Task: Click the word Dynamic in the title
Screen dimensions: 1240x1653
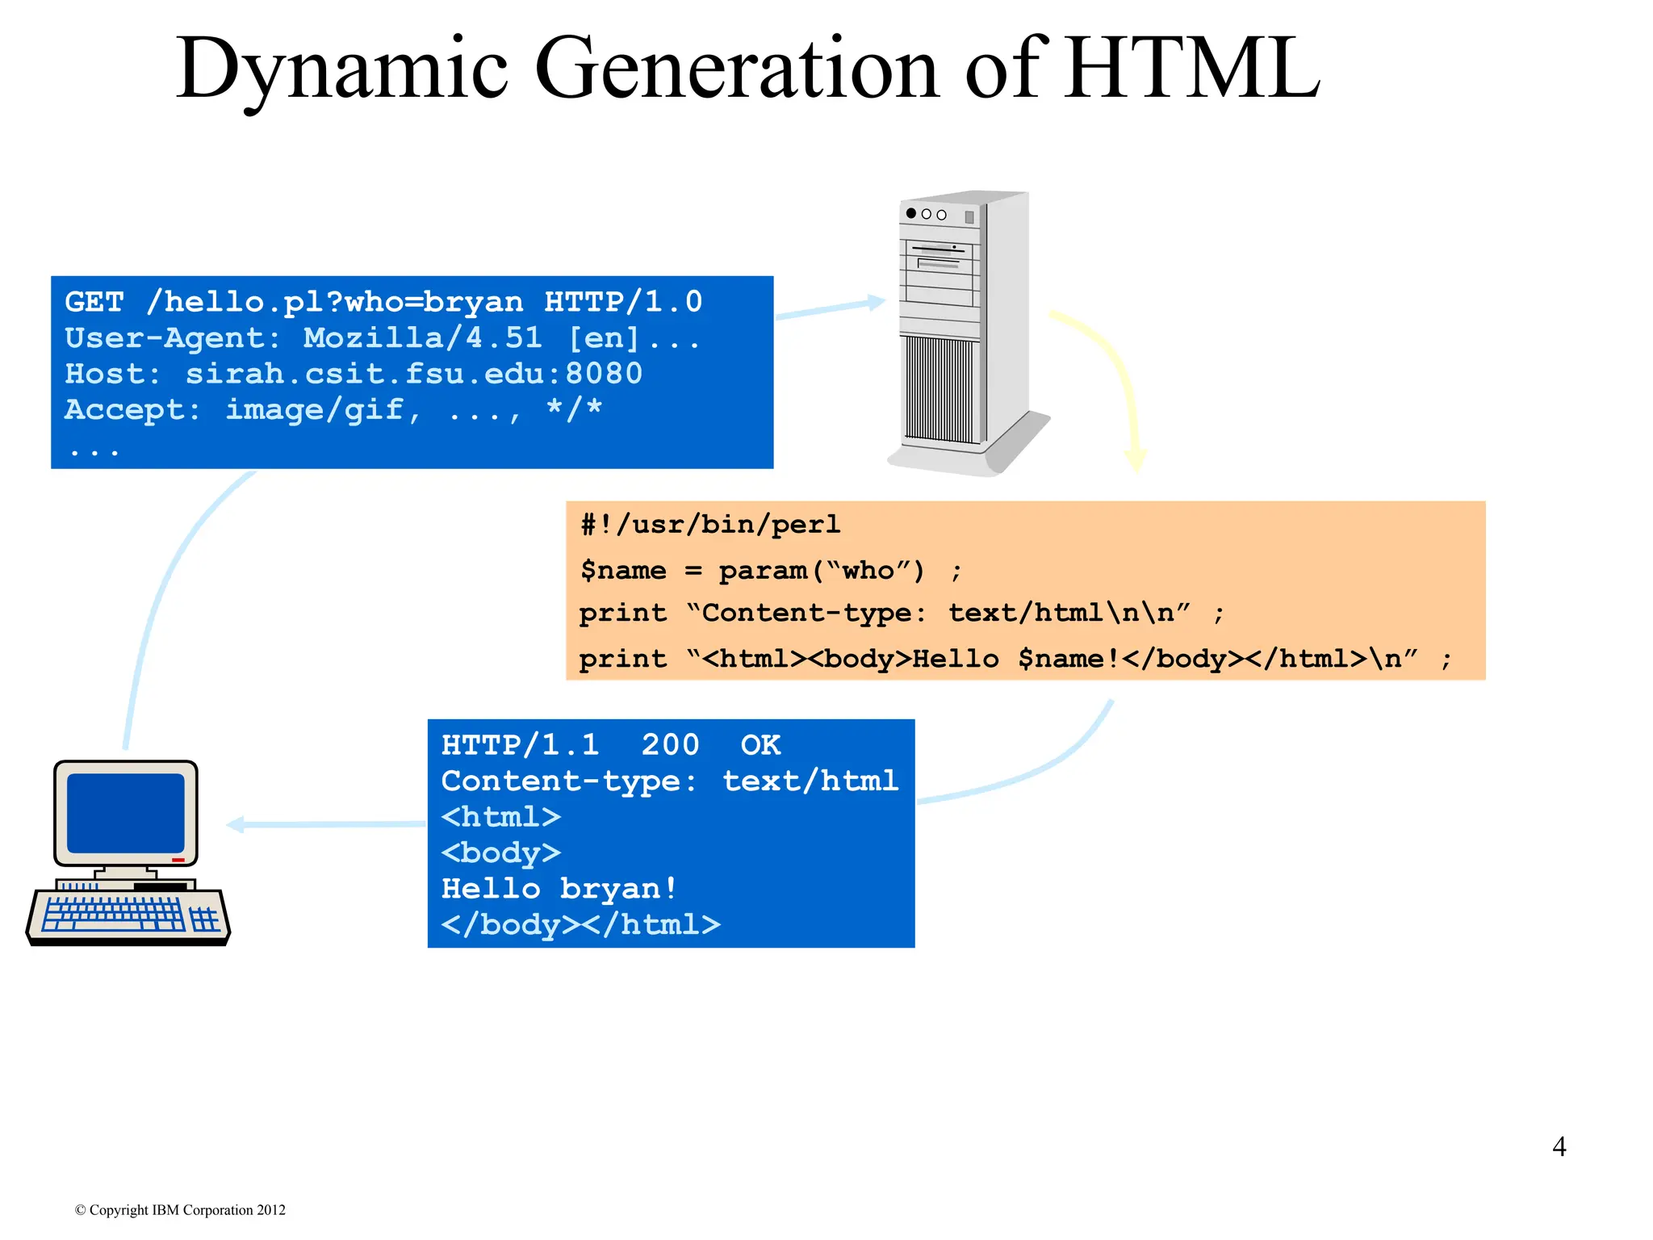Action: coord(342,71)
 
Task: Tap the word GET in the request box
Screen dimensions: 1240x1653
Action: coord(94,302)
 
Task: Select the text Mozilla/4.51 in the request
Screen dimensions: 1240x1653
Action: coord(423,337)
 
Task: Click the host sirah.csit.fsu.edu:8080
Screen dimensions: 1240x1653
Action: coord(414,374)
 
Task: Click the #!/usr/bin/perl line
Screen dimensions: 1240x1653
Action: coord(710,525)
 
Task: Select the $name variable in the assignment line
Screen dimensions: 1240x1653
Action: coord(624,570)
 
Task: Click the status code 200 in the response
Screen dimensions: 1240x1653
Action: coord(670,744)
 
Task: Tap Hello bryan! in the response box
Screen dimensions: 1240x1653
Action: coord(559,888)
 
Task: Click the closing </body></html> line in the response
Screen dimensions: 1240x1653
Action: coord(580,924)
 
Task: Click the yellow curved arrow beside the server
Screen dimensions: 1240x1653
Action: coord(1118,379)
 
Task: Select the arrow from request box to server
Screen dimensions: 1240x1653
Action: coord(831,308)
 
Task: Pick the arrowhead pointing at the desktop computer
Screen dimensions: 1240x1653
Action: coord(236,824)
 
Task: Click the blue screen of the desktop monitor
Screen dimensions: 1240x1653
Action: coord(126,812)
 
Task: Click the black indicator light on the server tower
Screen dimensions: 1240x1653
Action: coord(911,213)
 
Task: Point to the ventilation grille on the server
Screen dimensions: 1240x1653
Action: coord(939,389)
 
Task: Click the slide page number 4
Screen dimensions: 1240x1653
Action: coord(1559,1146)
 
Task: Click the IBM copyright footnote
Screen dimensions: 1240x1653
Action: coord(180,1209)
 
